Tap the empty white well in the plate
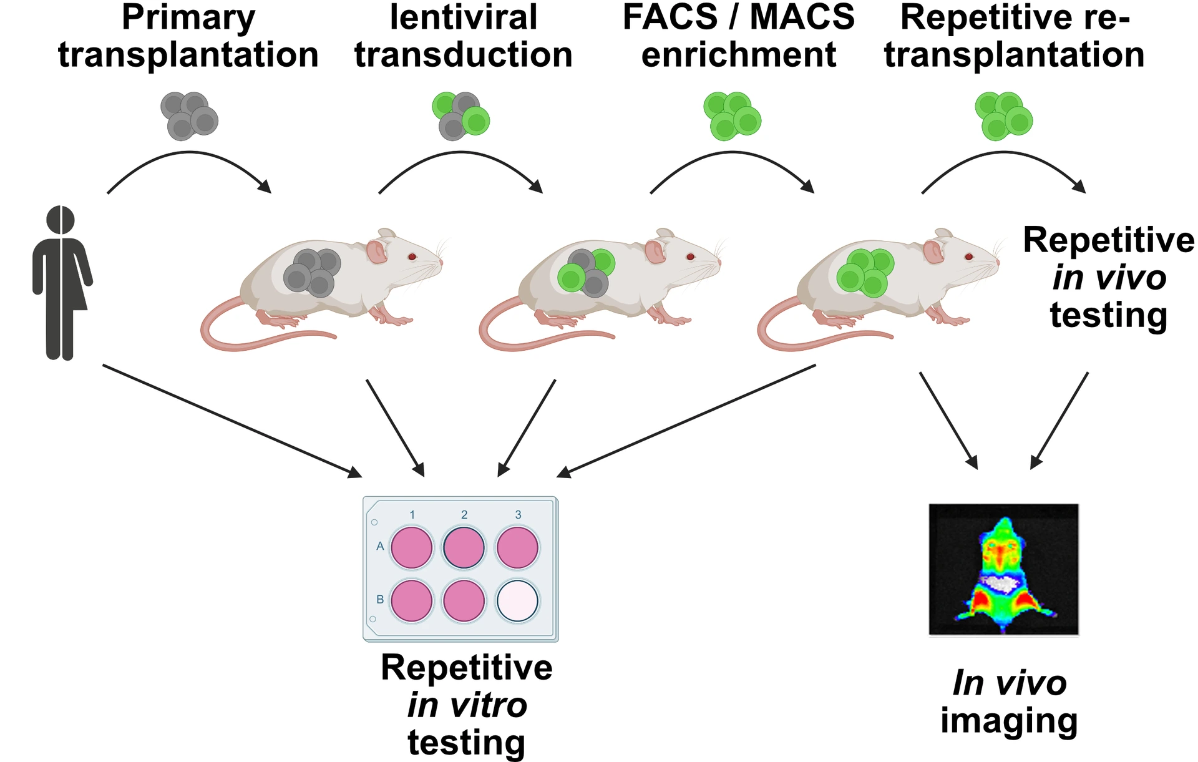coord(517,600)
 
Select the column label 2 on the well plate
coord(464,515)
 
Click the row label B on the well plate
coord(380,599)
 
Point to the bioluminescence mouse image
coord(1003,569)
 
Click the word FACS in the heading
coord(670,17)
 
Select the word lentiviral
coord(463,17)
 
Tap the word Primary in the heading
coord(188,17)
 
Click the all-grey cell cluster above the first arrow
coord(189,116)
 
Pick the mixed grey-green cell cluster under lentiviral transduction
coord(460,116)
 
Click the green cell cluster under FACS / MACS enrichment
coord(732,116)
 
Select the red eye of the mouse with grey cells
coord(412,256)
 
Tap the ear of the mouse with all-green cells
coord(933,252)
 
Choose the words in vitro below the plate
coord(467,706)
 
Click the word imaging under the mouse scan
coord(1009,721)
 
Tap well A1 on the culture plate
coord(411,547)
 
